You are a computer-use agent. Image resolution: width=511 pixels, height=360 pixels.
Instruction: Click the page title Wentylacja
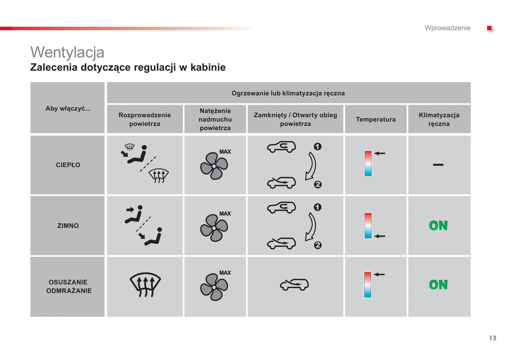coord(67,52)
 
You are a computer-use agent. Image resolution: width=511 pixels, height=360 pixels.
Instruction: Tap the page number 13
coord(493,338)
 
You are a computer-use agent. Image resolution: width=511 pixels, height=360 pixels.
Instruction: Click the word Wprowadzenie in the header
coord(447,28)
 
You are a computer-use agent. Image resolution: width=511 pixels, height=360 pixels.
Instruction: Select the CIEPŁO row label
coord(68,165)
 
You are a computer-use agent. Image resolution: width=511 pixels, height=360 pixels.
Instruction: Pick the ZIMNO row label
coord(68,226)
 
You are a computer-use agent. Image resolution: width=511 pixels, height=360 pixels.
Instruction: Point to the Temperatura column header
coord(376,119)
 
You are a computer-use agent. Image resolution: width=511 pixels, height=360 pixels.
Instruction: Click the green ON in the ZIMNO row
coord(438,226)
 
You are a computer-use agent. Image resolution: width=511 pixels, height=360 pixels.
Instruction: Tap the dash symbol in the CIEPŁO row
coord(438,165)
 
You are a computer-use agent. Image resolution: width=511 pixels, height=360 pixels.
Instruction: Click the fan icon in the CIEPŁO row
coord(214,166)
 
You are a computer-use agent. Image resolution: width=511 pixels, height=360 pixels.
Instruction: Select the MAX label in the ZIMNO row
coord(225,214)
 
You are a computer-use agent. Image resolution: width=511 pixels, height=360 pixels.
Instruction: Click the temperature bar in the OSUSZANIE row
coord(368,285)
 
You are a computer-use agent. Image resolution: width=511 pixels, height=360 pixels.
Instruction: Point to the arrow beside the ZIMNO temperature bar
coord(379,236)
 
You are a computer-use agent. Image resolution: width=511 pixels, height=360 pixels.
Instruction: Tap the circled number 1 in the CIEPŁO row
coord(318,146)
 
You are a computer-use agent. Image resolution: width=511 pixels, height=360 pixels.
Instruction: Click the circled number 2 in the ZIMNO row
coord(318,245)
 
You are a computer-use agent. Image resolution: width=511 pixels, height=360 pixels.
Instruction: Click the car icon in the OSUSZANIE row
coord(294,285)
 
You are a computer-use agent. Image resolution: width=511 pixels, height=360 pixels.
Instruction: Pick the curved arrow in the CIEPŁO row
coord(311,166)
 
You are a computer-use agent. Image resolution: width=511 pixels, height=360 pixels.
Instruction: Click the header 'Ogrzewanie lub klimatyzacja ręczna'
coord(288,93)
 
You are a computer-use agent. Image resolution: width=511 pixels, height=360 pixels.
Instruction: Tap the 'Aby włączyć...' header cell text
coord(68,108)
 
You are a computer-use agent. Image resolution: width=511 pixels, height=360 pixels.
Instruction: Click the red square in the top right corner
coord(489,28)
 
